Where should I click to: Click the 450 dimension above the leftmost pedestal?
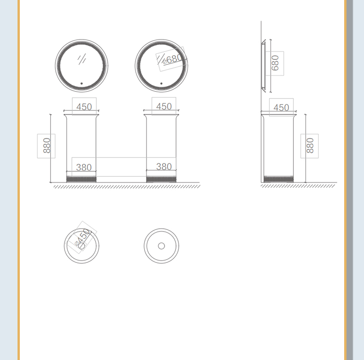(x=84, y=107)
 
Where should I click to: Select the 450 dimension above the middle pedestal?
(x=164, y=106)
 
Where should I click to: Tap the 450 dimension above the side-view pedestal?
(x=281, y=108)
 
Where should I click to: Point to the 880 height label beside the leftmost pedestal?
(x=47, y=145)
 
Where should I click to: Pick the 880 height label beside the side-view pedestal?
(x=310, y=145)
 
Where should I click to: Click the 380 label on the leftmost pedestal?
(x=84, y=167)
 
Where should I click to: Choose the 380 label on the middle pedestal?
(x=164, y=167)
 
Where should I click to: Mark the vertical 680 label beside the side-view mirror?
(x=275, y=63)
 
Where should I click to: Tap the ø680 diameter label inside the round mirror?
(x=172, y=59)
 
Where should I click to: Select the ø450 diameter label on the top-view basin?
(x=83, y=237)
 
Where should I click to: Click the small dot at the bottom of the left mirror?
(x=82, y=83)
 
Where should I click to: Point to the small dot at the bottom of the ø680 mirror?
(x=161, y=83)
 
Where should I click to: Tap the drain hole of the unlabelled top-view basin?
(x=161, y=246)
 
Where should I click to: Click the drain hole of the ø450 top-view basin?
(x=82, y=246)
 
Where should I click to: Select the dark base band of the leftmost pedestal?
(x=81, y=179)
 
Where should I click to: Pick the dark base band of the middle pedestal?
(x=161, y=179)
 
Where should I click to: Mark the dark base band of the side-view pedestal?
(x=279, y=179)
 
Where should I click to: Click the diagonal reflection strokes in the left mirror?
(x=82, y=59)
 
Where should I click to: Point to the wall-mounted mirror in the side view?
(x=263, y=66)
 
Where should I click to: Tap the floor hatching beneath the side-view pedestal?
(x=298, y=186)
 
